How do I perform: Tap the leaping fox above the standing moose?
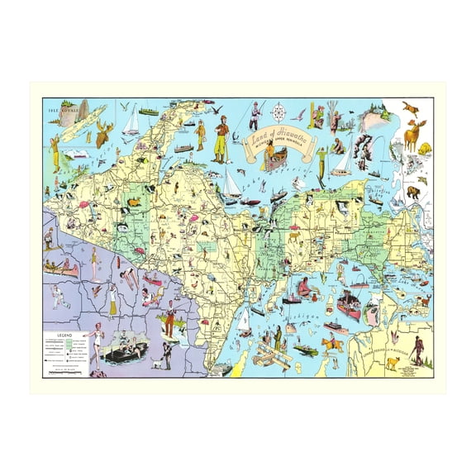[x=409, y=107]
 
